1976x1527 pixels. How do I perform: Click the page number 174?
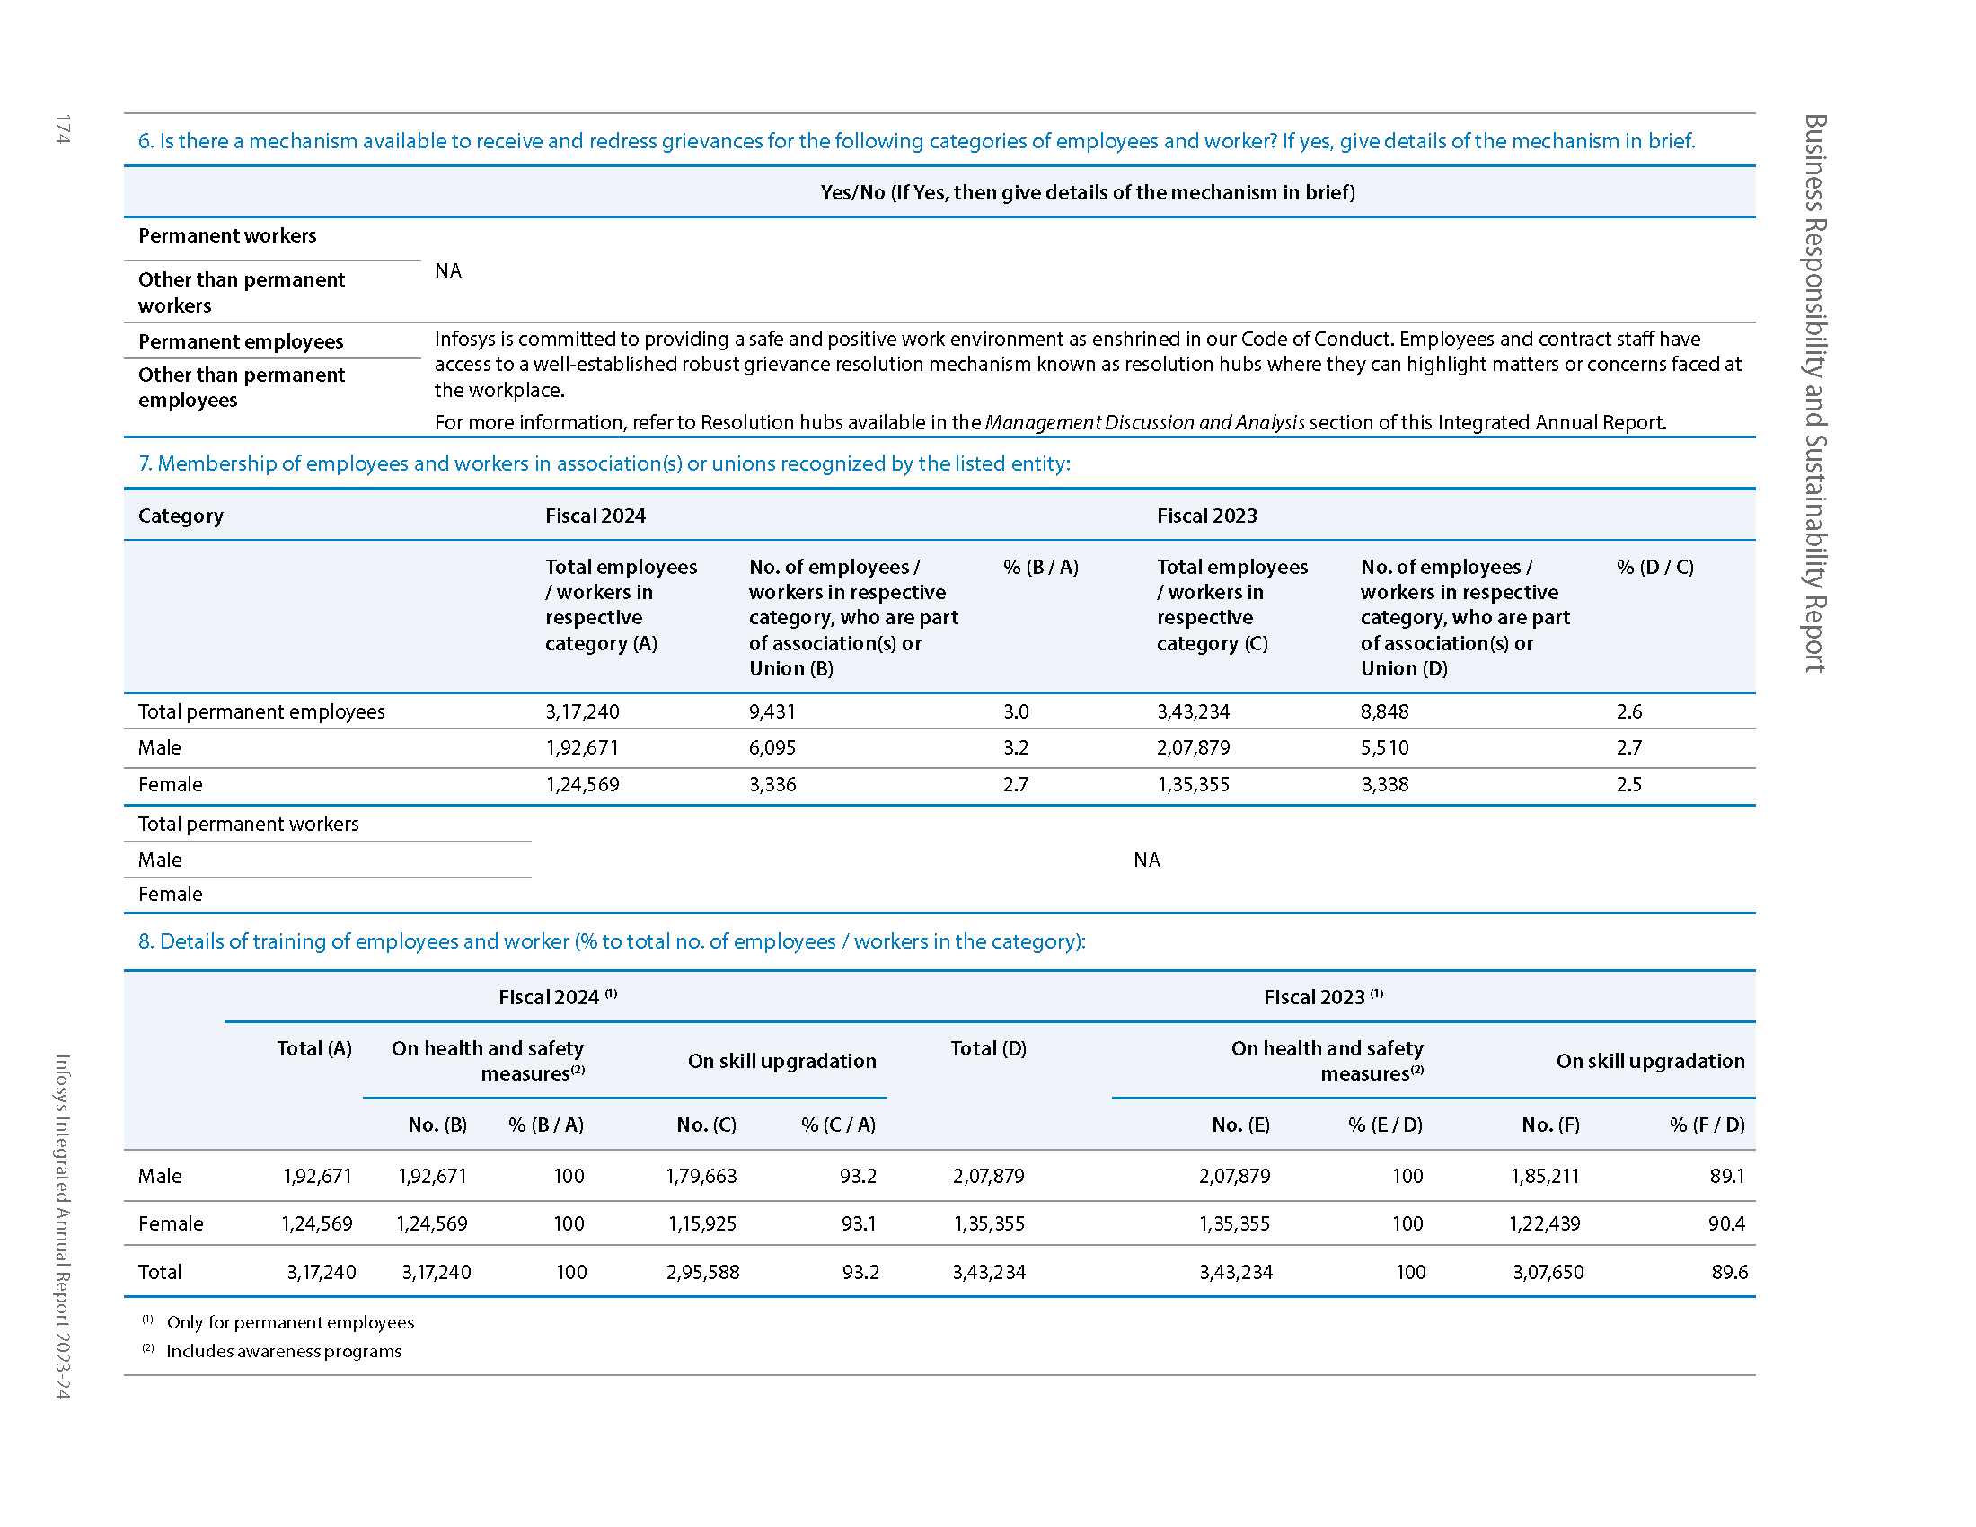[x=61, y=129]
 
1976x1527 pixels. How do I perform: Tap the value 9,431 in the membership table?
[x=772, y=712]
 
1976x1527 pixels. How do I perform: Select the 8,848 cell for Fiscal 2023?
[x=1384, y=712]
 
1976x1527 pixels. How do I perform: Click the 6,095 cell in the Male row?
[x=772, y=748]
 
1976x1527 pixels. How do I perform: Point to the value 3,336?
[x=772, y=785]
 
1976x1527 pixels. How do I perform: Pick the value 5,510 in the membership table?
[x=1384, y=748]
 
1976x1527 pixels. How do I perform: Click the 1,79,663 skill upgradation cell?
[x=701, y=1176]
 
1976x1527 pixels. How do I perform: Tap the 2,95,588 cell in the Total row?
[x=702, y=1273]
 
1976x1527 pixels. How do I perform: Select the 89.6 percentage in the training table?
[x=1729, y=1273]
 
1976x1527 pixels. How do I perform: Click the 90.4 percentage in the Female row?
[x=1726, y=1224]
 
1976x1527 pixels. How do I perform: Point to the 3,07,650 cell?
[x=1548, y=1273]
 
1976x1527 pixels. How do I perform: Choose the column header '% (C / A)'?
[x=838, y=1125]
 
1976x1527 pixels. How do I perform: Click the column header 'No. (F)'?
[x=1550, y=1125]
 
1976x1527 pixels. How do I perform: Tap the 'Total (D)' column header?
[x=988, y=1049]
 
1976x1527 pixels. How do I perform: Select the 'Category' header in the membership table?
[x=181, y=516]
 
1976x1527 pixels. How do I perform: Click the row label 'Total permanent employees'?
[x=261, y=712]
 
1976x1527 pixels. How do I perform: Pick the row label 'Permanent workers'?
[x=227, y=236]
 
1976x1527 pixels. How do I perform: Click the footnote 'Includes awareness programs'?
[x=284, y=1352]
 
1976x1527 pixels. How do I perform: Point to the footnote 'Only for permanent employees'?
[x=290, y=1322]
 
